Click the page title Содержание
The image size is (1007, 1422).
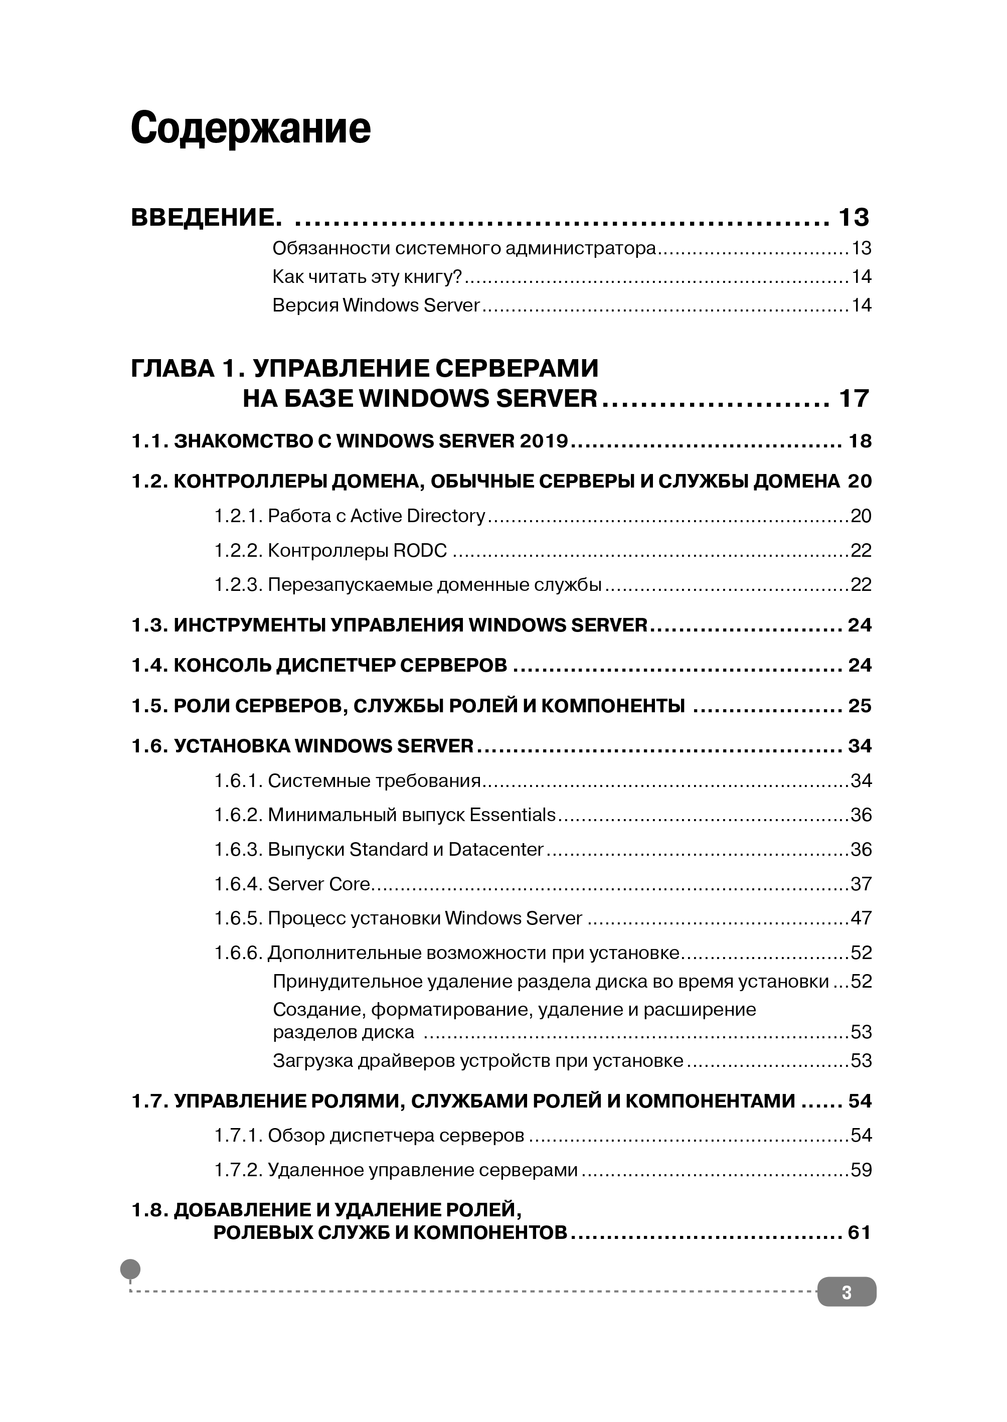pyautogui.click(x=251, y=128)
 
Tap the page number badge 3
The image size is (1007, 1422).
pyautogui.click(x=847, y=1293)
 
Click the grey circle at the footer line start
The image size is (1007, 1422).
pyautogui.click(x=130, y=1269)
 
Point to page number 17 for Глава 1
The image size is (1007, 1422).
pyautogui.click(x=854, y=398)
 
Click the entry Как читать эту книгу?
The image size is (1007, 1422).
pyautogui.click(x=367, y=276)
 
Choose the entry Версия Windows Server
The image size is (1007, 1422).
pyautogui.click(x=376, y=305)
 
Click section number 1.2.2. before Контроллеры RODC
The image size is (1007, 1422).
pyautogui.click(x=238, y=550)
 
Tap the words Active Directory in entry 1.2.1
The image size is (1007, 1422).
pyautogui.click(x=417, y=516)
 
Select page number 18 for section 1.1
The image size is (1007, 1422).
pyautogui.click(x=860, y=441)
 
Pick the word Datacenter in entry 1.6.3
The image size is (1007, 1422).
pyautogui.click(x=495, y=849)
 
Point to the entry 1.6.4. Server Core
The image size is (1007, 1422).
pyautogui.click(x=292, y=884)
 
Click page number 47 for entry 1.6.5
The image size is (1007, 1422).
pyautogui.click(x=861, y=918)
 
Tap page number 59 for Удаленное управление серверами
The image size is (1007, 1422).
pyautogui.click(x=861, y=1170)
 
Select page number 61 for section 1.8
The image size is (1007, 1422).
pyautogui.click(x=860, y=1233)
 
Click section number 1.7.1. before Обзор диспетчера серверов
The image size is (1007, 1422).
pyautogui.click(x=238, y=1136)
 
